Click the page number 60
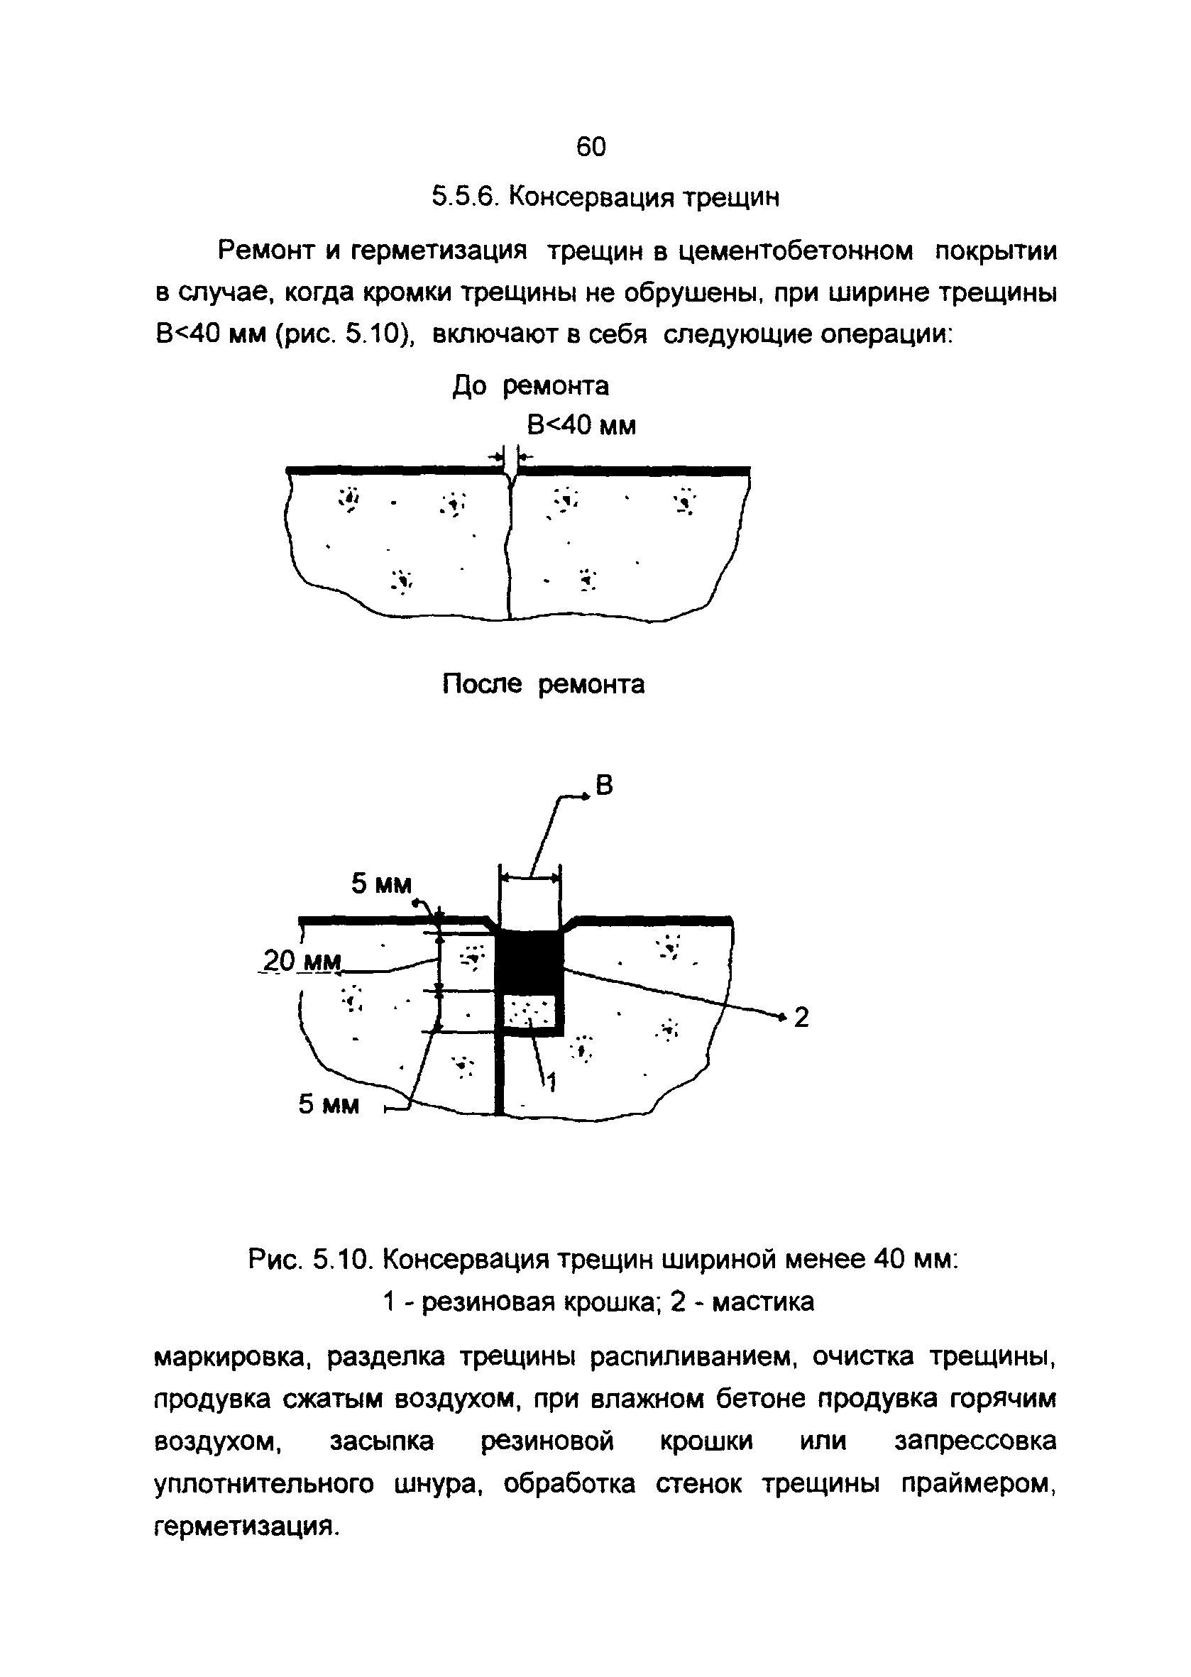(591, 148)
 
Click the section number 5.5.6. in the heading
(464, 197)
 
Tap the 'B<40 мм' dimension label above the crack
(581, 425)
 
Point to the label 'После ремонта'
(544, 685)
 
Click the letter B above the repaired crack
(603, 786)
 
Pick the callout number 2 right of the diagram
(801, 1018)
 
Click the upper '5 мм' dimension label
(380, 884)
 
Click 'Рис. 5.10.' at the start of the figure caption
(312, 1261)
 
